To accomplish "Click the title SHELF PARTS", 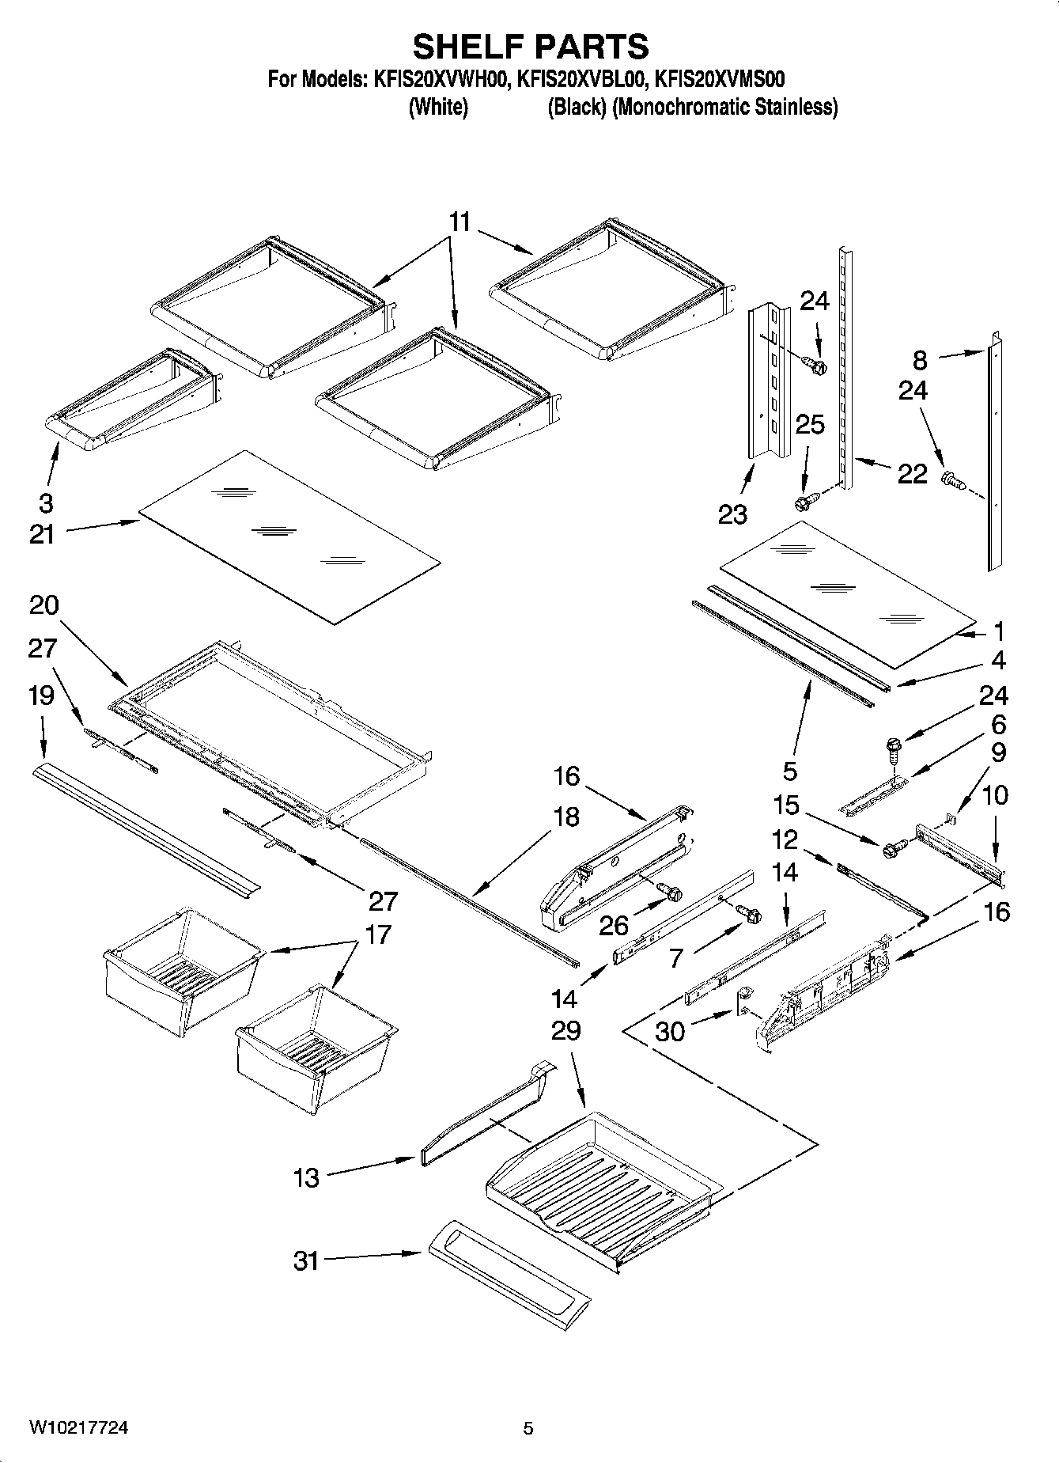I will [x=530, y=47].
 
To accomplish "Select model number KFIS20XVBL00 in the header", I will [x=581, y=79].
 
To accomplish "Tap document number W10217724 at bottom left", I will [x=79, y=1427].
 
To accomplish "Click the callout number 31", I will [x=306, y=1260].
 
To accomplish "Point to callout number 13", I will [x=306, y=1178].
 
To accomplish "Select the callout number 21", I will [x=42, y=534].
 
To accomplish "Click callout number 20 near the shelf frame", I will [x=43, y=605].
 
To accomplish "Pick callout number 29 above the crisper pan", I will [x=566, y=1030].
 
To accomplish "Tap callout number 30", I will [x=670, y=1033].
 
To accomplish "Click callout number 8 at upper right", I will [x=920, y=360].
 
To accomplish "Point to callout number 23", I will [x=732, y=514].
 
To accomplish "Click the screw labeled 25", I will [x=804, y=502].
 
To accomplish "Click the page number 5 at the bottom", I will [x=528, y=1428].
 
